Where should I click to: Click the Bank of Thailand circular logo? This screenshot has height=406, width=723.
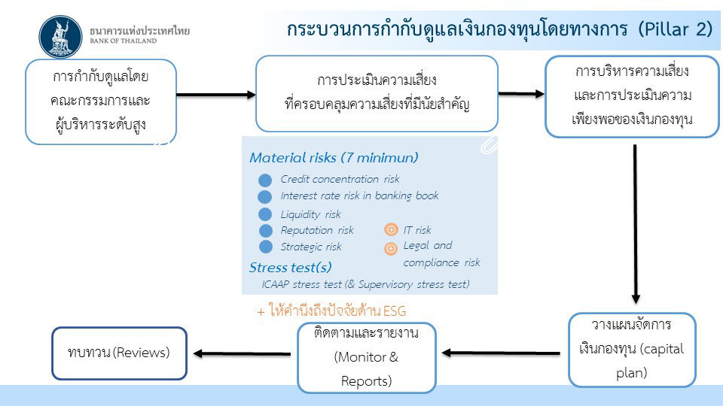click(x=60, y=38)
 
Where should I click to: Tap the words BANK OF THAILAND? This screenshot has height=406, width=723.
click(x=123, y=41)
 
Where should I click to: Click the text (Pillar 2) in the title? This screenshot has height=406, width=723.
click(x=676, y=29)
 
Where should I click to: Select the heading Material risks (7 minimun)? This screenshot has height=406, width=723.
click(x=334, y=158)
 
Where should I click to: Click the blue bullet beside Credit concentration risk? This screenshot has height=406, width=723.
click(x=265, y=180)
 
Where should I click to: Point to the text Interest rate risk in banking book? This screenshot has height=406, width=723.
click(x=360, y=196)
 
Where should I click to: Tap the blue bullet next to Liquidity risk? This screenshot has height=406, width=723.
click(x=265, y=214)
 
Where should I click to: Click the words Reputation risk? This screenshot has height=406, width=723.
click(x=317, y=230)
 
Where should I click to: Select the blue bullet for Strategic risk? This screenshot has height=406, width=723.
click(x=266, y=247)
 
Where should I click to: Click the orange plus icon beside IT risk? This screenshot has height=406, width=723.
click(x=391, y=229)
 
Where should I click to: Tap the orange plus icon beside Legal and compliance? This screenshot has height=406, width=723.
click(x=391, y=249)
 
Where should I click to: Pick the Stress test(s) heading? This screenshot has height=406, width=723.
click(x=291, y=268)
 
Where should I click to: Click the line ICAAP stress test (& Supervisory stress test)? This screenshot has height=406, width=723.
click(x=366, y=284)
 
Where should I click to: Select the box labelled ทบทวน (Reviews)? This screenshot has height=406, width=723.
click(x=120, y=353)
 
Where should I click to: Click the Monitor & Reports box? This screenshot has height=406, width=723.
click(x=367, y=358)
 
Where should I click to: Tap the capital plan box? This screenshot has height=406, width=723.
click(x=632, y=350)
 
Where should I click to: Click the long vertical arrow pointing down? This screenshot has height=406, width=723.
click(x=636, y=224)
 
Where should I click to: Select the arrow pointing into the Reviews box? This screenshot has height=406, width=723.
click(x=242, y=353)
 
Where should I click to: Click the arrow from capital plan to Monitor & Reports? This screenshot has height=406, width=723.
click(x=501, y=353)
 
